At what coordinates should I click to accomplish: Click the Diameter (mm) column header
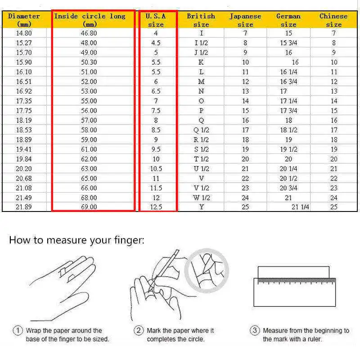[24, 20]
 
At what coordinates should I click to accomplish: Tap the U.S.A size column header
[156, 20]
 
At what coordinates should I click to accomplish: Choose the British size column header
[201, 20]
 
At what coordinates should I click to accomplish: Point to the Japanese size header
[245, 20]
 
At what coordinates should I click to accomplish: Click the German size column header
[288, 20]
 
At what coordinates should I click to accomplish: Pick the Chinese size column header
[333, 20]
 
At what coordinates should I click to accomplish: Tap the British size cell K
[201, 63]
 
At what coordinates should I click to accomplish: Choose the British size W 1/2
[201, 198]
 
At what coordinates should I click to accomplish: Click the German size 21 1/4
[301, 207]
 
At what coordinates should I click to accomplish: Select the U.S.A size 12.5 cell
[156, 207]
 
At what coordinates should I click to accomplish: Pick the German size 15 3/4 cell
[288, 43]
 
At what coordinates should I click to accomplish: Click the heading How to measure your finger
[76, 240]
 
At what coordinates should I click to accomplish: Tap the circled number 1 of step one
[18, 331]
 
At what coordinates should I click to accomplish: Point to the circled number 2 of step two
[139, 331]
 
